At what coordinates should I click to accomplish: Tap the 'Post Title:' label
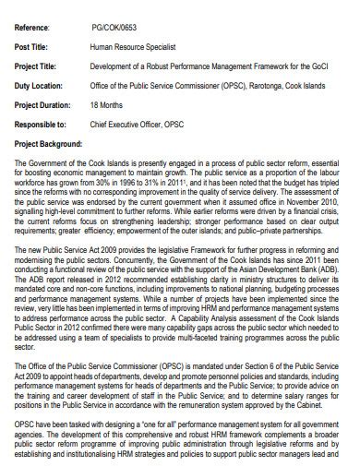tap(33, 44)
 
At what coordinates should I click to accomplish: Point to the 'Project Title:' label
tap(38, 66)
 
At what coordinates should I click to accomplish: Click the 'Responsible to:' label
tap(41, 123)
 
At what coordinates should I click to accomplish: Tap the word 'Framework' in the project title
tap(283, 66)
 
